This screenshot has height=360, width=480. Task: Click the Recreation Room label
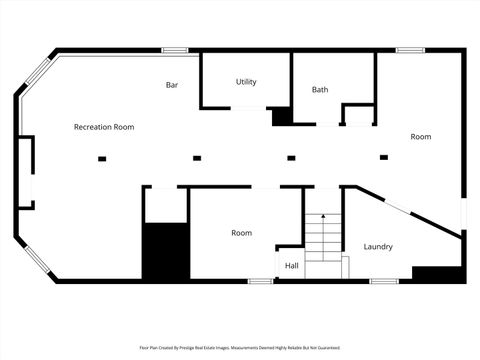point(104,127)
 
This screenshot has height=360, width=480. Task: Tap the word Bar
point(172,85)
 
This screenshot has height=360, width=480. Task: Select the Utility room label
point(247,81)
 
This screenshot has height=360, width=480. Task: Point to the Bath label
point(320,89)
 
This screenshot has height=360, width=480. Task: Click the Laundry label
point(378,246)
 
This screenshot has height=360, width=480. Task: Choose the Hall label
point(292,265)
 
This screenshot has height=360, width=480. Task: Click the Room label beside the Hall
point(241,233)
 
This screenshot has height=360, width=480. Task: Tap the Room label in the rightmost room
point(421,136)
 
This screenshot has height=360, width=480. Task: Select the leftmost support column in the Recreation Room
point(101,157)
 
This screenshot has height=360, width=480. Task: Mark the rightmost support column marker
point(385,157)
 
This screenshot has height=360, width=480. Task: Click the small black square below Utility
point(282,117)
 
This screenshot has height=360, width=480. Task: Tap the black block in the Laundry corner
point(436,273)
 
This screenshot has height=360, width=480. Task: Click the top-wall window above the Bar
point(175,50)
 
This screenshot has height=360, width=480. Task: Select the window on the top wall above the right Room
point(410,50)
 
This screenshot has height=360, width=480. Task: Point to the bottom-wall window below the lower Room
point(261,281)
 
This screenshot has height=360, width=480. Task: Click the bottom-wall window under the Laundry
point(385,281)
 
